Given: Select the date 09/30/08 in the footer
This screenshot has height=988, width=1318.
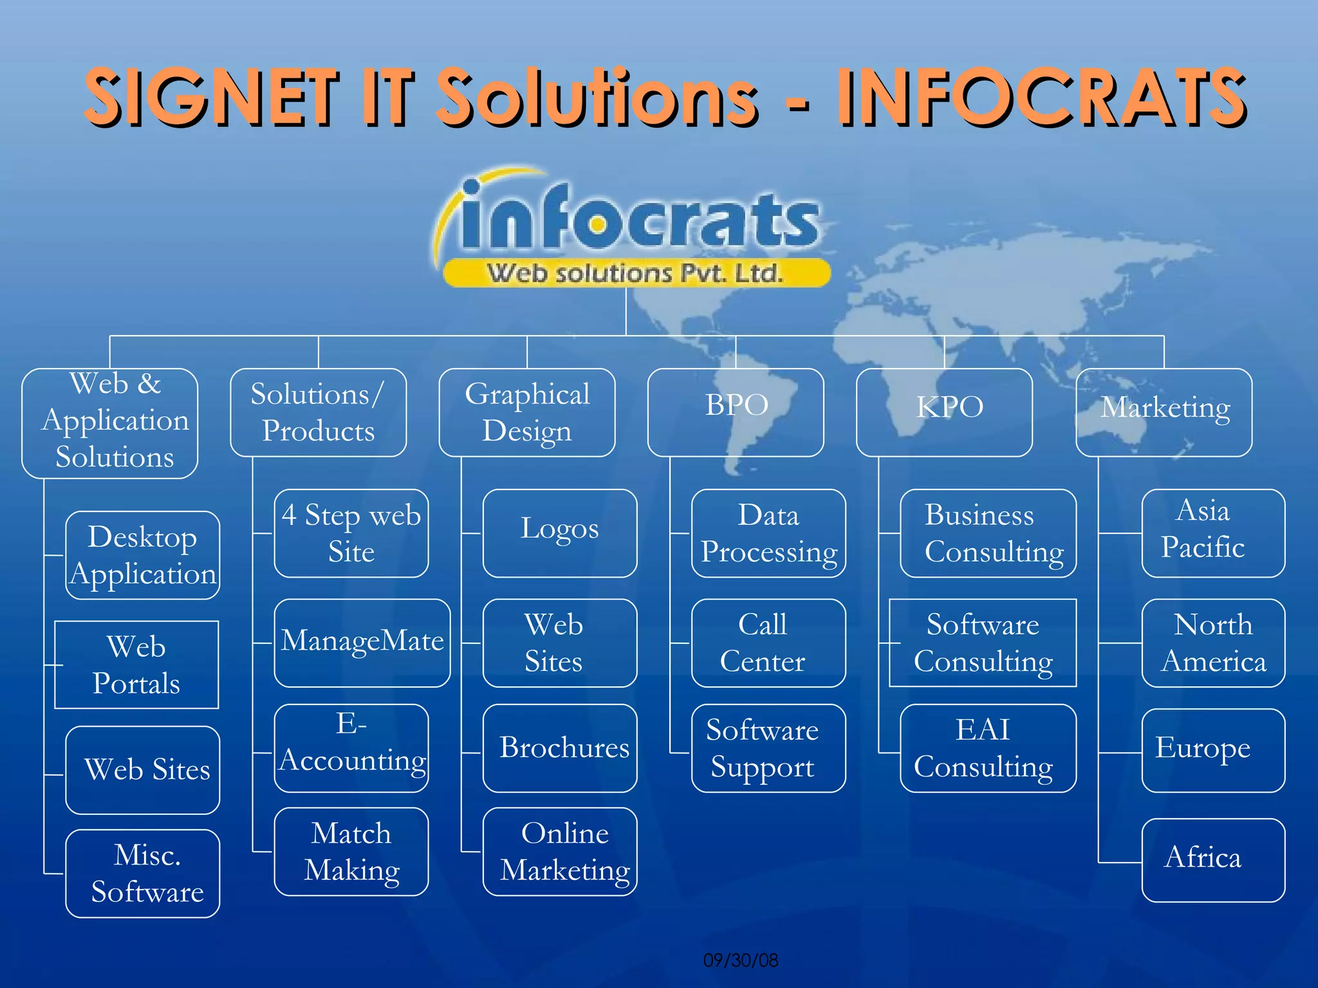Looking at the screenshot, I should click(x=740, y=960).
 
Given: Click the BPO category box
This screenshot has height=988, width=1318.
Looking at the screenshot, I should click(x=736, y=412).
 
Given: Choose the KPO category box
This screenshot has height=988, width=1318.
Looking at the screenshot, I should click(x=944, y=412).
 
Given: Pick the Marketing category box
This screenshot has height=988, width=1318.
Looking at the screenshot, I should click(x=1164, y=412).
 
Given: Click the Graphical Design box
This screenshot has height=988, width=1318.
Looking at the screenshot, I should click(x=526, y=412).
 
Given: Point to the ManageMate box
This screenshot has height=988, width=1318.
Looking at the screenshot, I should click(x=362, y=642).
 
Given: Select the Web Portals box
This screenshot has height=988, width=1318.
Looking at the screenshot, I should click(x=136, y=664).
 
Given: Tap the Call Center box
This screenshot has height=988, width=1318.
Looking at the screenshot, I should click(x=768, y=642).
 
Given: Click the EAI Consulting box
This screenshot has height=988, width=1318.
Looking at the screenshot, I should click(x=987, y=747).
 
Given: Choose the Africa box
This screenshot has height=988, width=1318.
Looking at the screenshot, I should click(x=1212, y=859).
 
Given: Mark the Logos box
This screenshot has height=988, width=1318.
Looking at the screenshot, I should click(x=559, y=533).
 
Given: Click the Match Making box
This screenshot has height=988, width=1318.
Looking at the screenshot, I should click(x=351, y=851).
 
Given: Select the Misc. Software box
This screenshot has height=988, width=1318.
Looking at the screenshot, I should click(x=142, y=873).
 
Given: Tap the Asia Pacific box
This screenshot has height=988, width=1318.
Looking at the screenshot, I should click(x=1212, y=533).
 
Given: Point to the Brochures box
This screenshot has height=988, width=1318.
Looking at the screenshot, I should click(x=559, y=747).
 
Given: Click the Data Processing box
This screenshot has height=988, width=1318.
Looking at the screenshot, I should click(x=768, y=533).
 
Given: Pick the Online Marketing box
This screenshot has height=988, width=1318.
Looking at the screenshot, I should click(x=559, y=851).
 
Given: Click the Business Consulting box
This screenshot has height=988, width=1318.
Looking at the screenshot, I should click(x=987, y=533).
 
